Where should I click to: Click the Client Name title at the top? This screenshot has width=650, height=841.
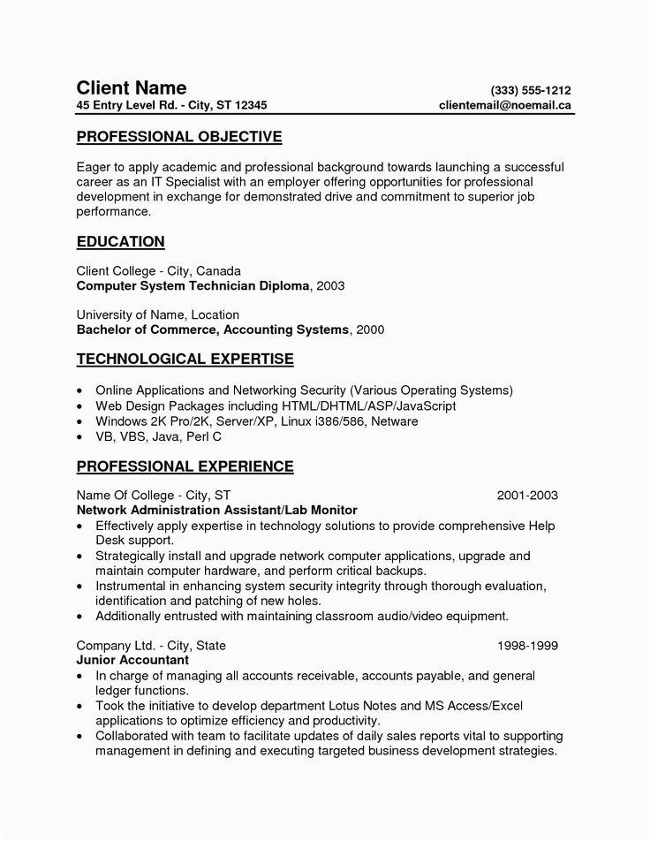[x=131, y=87]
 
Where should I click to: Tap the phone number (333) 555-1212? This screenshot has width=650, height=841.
[x=531, y=89]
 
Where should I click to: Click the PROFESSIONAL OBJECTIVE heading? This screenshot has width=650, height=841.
[x=178, y=137]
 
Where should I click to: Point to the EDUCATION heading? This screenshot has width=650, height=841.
[x=120, y=241]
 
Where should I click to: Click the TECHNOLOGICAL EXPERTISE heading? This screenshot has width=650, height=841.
[x=185, y=360]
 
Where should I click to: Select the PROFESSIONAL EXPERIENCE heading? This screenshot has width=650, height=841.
[x=185, y=465]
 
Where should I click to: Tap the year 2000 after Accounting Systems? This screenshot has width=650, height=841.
[x=369, y=330]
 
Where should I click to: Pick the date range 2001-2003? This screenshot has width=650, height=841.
[x=527, y=496]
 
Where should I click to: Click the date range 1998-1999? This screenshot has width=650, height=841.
[x=527, y=645]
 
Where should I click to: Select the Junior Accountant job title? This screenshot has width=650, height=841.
[x=132, y=660]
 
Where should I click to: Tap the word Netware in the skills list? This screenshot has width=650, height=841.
[x=394, y=421]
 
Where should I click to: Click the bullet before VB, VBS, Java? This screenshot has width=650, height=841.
[x=80, y=438]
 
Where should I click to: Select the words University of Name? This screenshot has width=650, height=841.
[x=131, y=314]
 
